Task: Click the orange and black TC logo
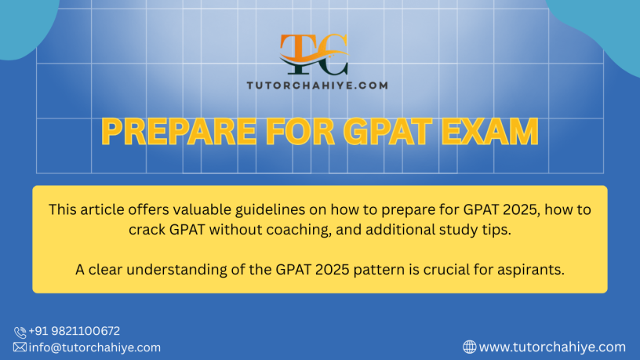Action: pos(314,54)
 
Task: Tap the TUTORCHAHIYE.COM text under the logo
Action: pos(317,85)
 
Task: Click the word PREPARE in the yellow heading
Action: pos(179,132)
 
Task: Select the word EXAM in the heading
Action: pos(489,132)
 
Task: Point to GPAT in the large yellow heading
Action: pos(387,132)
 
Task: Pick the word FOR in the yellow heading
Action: pos(300,132)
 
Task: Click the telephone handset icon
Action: pos(20,333)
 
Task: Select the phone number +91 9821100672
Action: pos(75,331)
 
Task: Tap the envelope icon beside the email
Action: pos(20,347)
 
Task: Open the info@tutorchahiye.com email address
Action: pos(95,347)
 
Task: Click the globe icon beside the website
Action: pos(469,347)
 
